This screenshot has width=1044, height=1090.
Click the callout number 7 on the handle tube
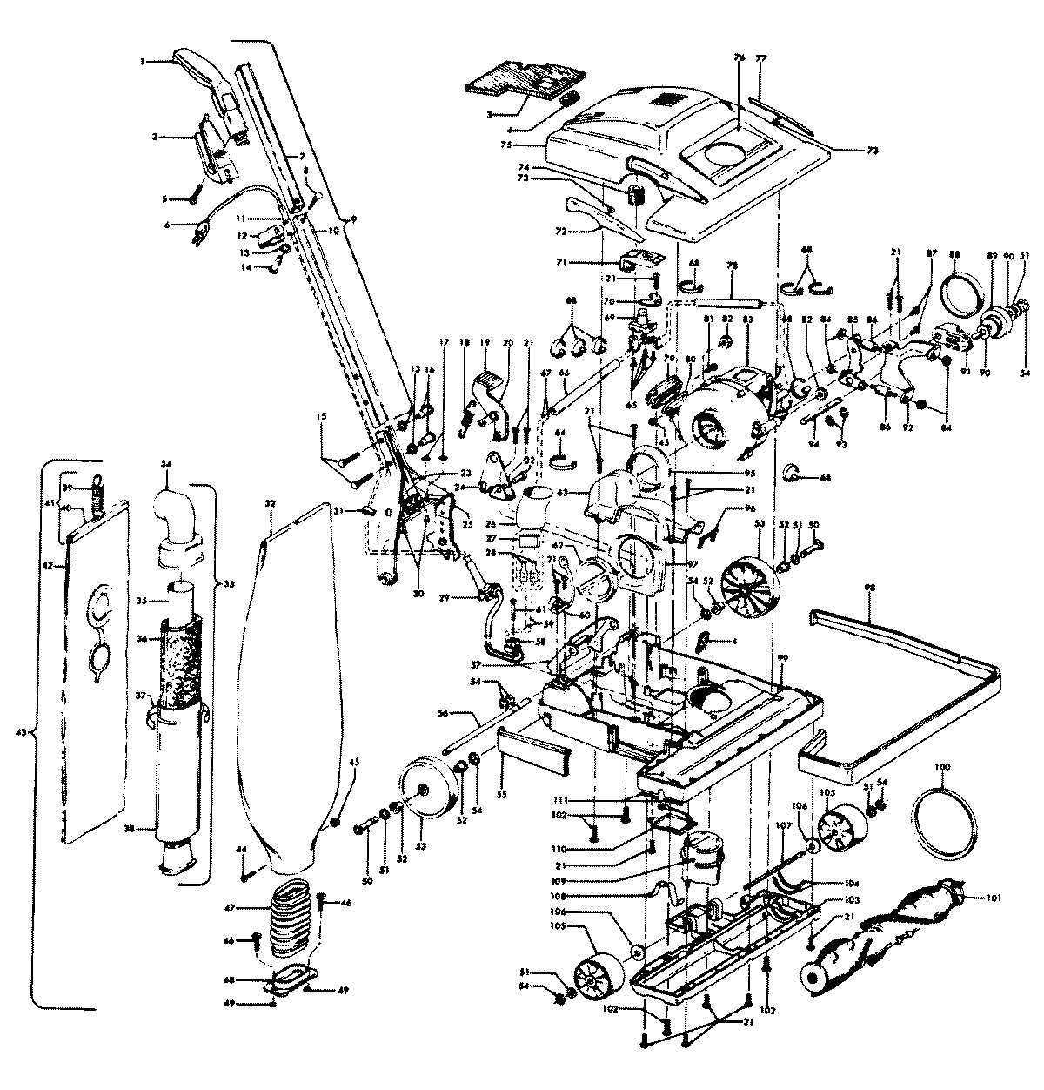click(x=302, y=156)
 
